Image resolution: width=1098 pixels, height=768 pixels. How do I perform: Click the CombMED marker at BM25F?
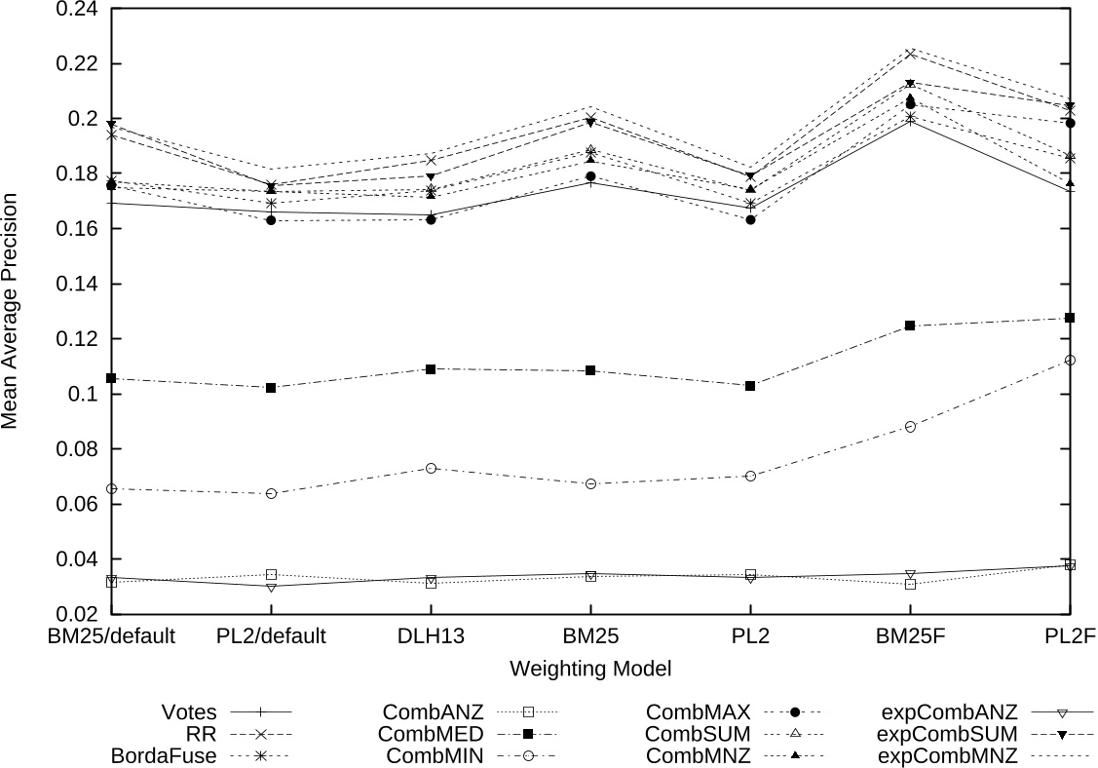tap(910, 326)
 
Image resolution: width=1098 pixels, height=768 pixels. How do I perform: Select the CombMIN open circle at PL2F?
tap(1070, 360)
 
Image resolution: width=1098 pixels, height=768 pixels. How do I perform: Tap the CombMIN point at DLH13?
tap(431, 468)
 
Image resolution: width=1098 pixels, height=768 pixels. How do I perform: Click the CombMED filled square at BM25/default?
tap(111, 378)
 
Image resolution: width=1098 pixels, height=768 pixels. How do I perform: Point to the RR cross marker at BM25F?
tap(910, 54)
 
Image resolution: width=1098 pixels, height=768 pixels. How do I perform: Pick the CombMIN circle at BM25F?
tap(910, 427)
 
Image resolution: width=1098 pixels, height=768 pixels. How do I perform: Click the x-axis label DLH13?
tap(431, 637)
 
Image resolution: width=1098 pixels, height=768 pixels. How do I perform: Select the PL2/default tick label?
tap(271, 637)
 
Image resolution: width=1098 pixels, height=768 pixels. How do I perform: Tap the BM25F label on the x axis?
tap(910, 637)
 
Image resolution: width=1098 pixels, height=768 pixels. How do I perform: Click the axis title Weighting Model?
tap(590, 670)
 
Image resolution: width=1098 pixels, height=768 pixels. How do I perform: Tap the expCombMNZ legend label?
tap(948, 755)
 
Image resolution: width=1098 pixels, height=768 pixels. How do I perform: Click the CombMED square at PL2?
tap(750, 386)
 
